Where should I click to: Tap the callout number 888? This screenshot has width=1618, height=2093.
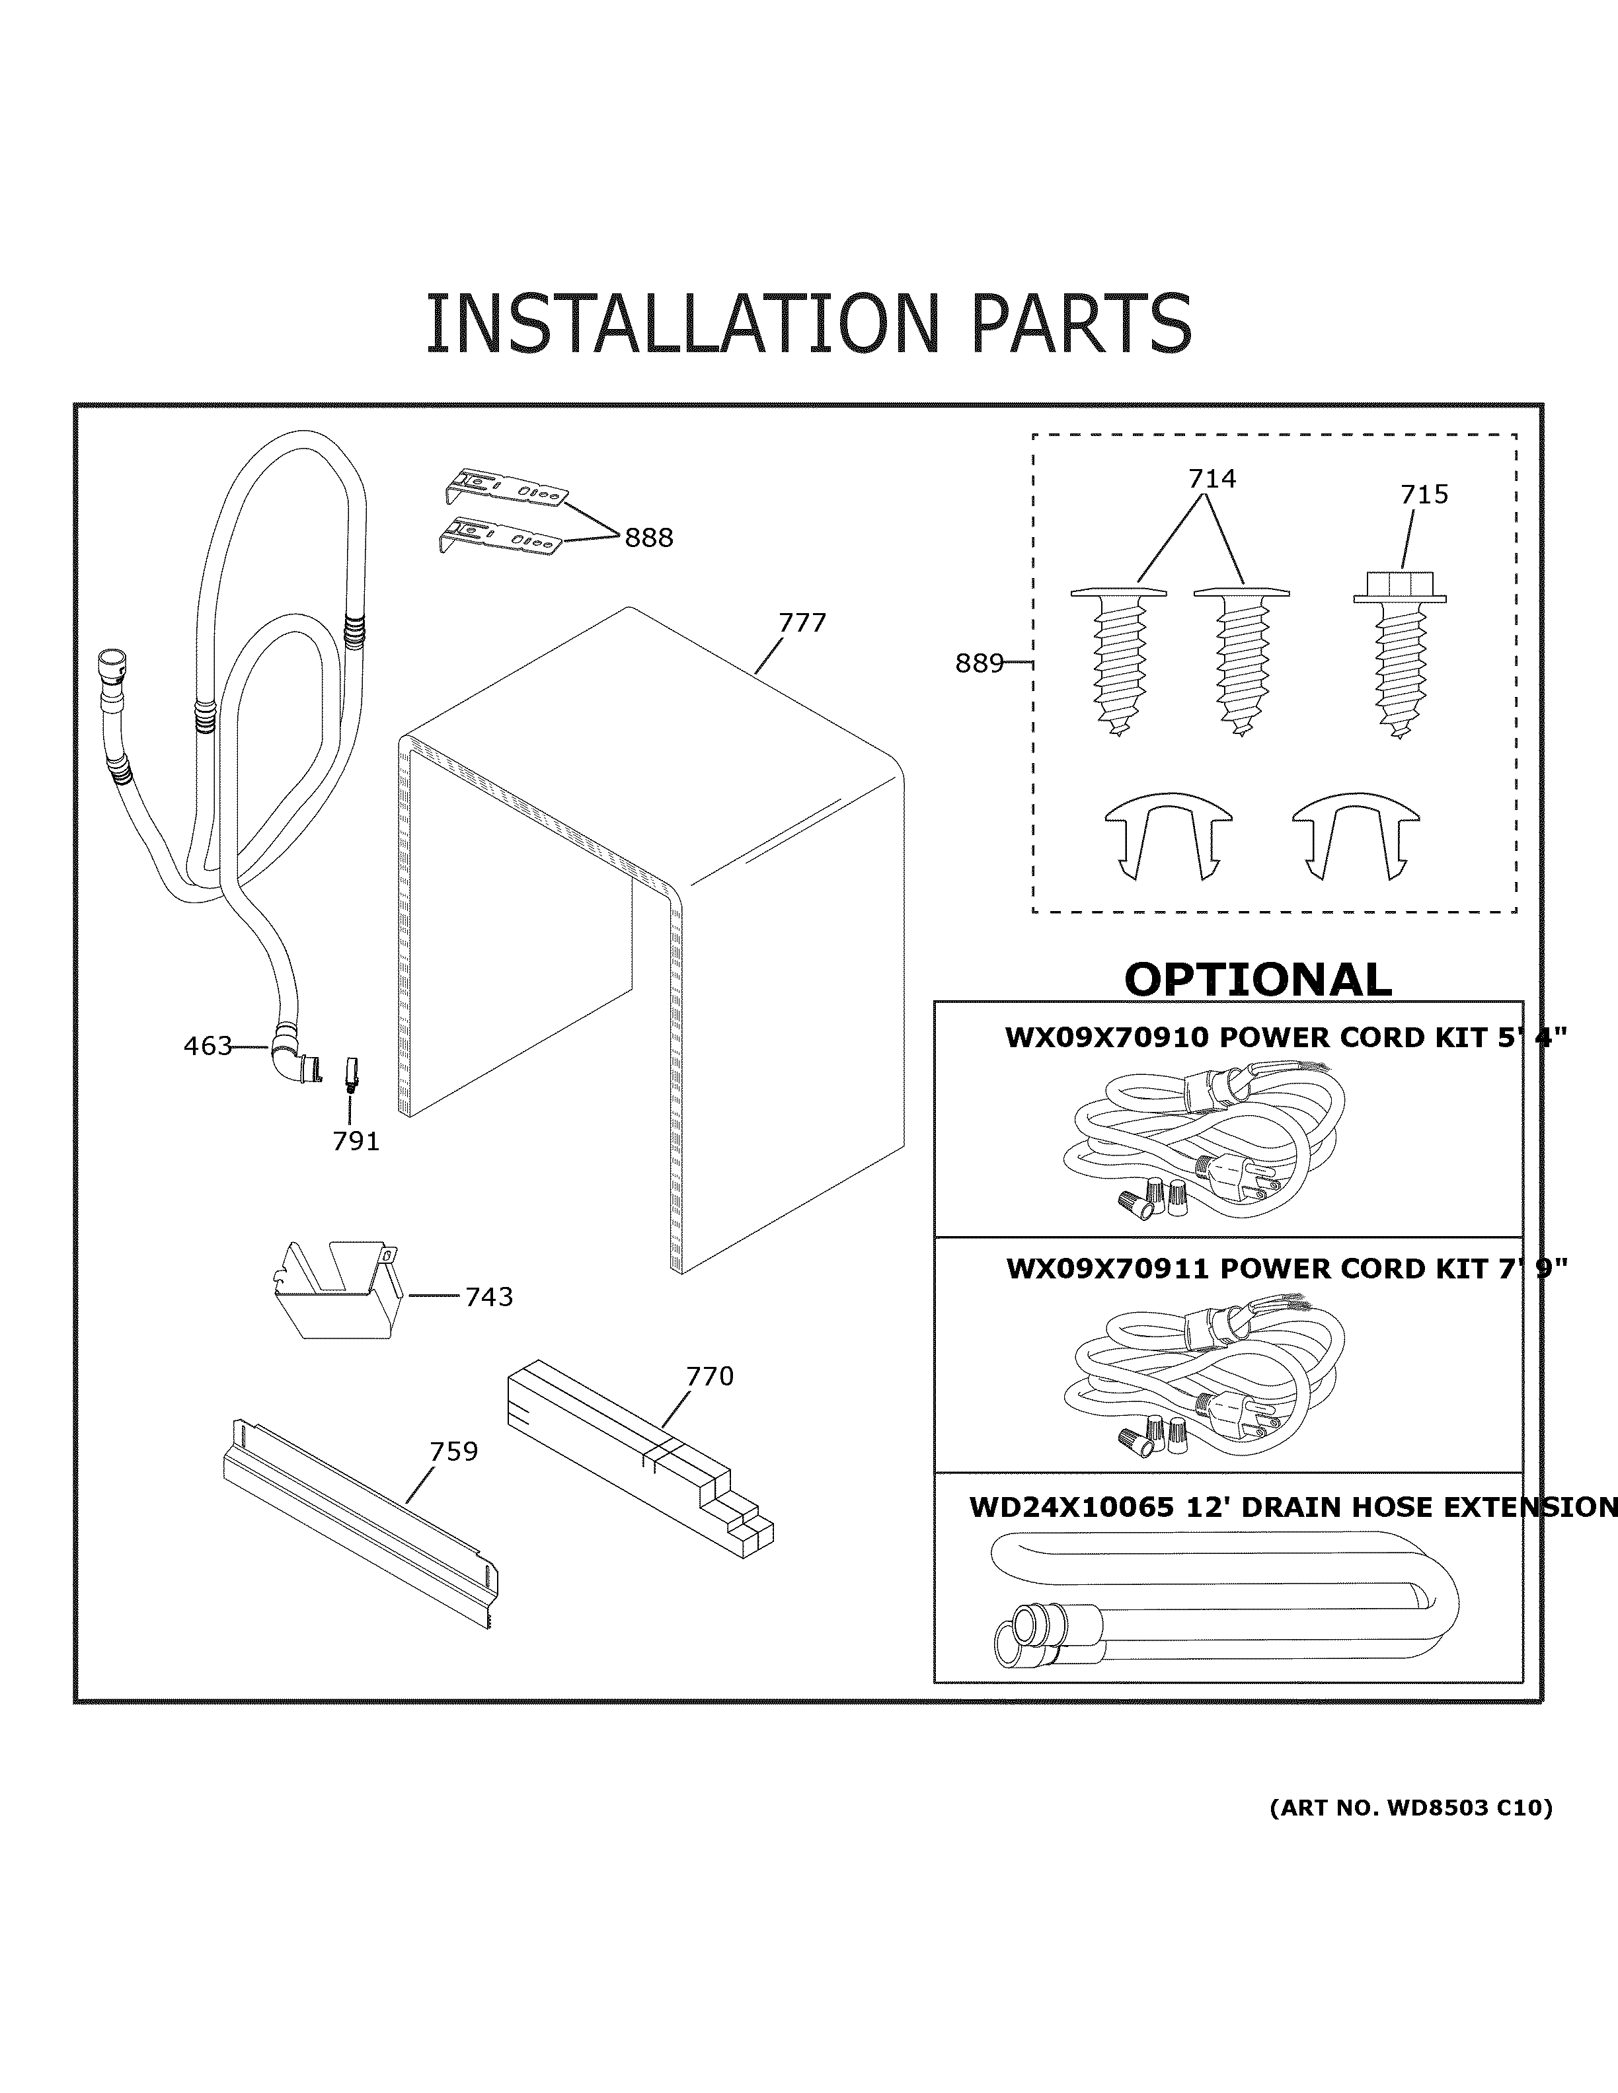click(649, 538)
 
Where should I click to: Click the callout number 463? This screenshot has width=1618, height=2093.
click(207, 1046)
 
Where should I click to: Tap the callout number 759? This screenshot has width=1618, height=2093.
click(453, 1452)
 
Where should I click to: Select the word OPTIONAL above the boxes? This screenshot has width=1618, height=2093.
click(1256, 979)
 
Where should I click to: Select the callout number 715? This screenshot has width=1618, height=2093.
click(1424, 494)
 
